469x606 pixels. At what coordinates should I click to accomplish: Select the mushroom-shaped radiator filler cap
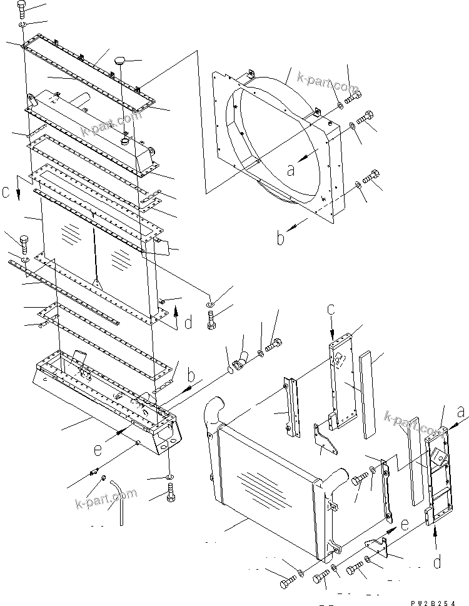120,62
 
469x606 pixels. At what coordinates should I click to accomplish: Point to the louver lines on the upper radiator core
71,235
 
